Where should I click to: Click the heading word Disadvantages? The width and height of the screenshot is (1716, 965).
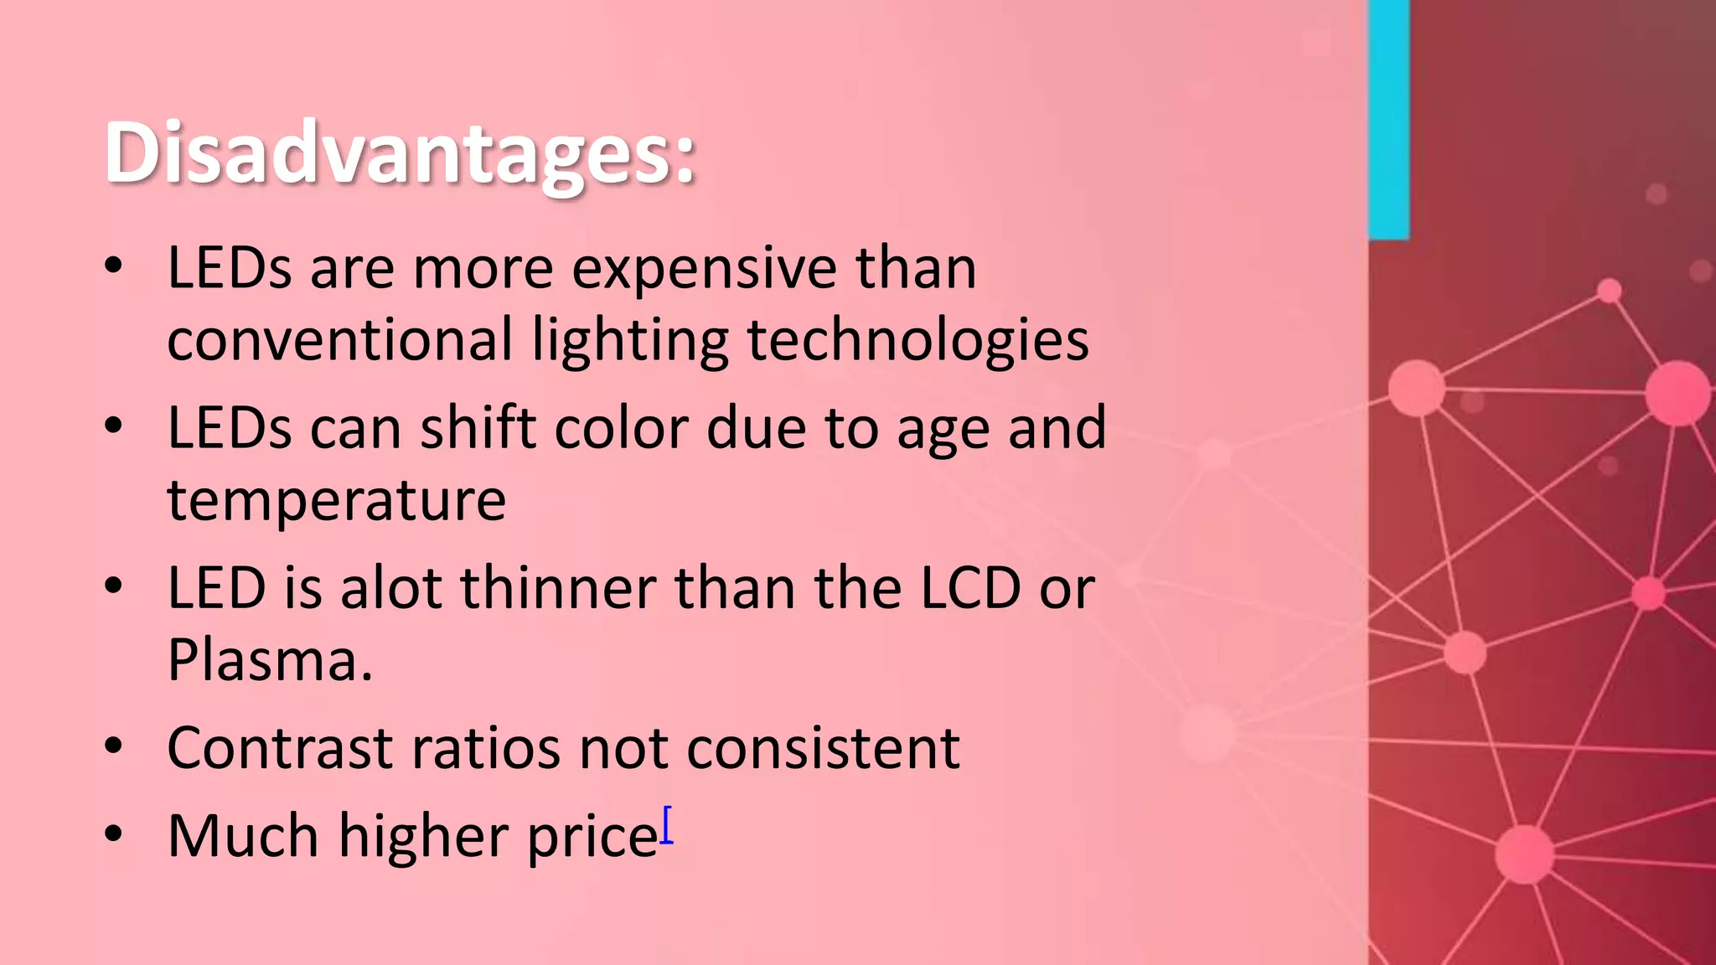399,153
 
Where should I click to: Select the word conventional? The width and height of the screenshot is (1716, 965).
339,340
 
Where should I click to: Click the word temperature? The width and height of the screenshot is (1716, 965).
336,501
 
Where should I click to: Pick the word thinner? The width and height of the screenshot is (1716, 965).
558,588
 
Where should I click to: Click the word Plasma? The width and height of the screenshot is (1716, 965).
269,660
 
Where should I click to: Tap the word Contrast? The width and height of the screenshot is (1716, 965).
280,748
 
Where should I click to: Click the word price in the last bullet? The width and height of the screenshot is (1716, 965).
592,837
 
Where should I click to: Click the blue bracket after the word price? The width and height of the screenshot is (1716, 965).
667,825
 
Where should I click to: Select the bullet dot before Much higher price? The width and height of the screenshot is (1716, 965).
114,835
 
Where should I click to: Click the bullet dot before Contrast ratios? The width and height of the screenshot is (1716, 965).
114,746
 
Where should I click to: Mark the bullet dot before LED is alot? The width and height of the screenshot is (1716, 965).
114,586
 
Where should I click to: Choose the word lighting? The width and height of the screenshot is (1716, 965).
630,342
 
